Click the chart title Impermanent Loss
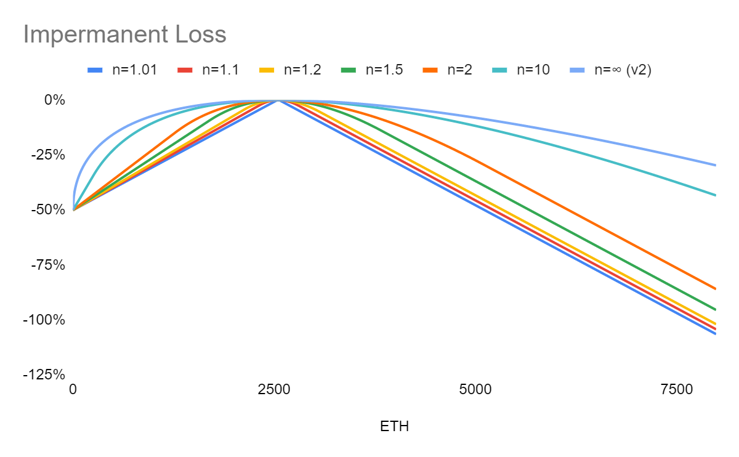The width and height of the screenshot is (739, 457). click(x=124, y=35)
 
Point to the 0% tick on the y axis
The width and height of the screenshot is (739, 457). click(x=54, y=100)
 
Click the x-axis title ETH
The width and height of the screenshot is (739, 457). click(x=394, y=426)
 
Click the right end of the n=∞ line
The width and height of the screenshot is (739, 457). click(x=716, y=165)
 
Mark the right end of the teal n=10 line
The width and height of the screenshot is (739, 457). click(x=716, y=195)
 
